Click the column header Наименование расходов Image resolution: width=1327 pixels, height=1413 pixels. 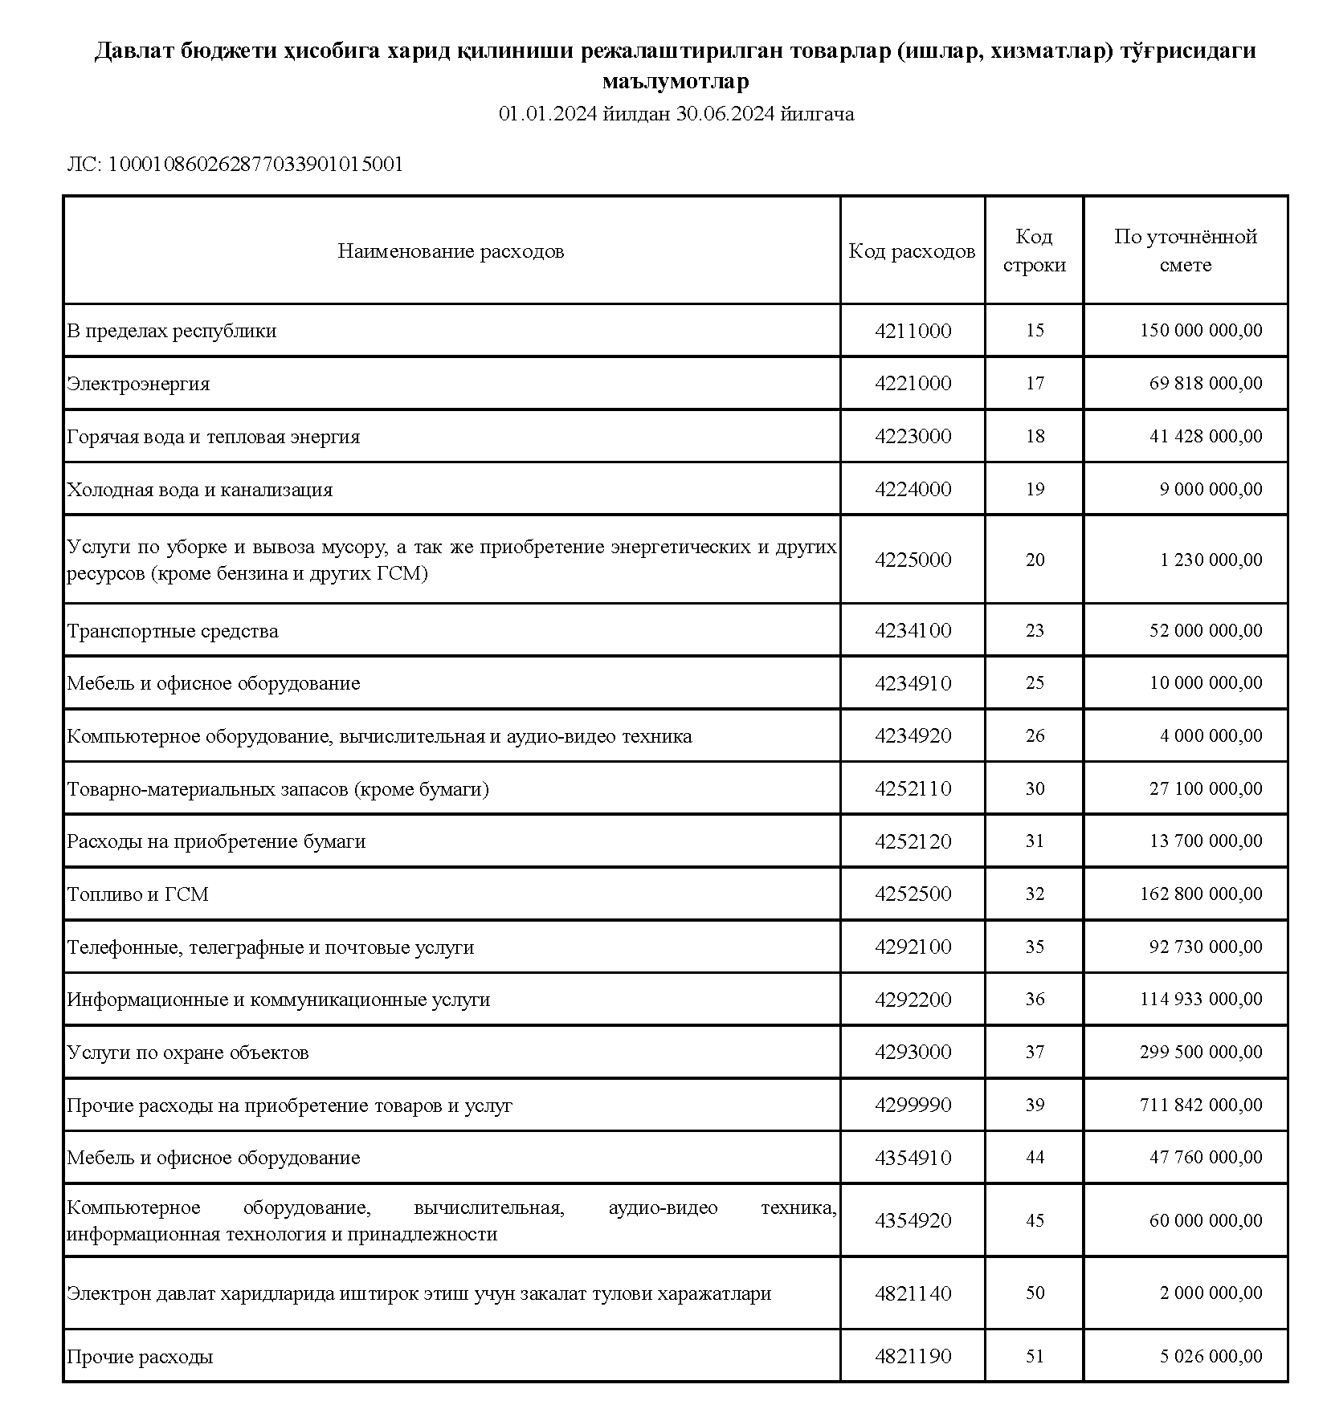pos(451,251)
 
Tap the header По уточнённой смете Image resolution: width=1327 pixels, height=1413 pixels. pos(1185,250)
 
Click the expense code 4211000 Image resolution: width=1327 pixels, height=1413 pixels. pos(913,331)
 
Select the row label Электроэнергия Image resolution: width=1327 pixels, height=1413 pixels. pos(138,384)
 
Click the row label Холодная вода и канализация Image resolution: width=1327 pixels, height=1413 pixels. pos(199,490)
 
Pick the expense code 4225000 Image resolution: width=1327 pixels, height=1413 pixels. pos(913,560)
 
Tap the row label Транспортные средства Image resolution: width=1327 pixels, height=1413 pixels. pos(173,631)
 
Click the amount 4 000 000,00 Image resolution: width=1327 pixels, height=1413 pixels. pos(1211,736)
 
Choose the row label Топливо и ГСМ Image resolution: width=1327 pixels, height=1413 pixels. pos(137,894)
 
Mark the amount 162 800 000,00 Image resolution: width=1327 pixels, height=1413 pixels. pos(1200,894)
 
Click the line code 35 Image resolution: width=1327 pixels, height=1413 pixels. pos(1035,947)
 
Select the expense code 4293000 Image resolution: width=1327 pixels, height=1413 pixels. pos(913,1053)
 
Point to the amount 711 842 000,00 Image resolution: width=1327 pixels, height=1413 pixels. pos(1200,1106)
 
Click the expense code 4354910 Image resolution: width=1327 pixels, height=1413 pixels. pos(913,1158)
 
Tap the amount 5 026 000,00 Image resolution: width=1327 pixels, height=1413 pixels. pos(1211,1356)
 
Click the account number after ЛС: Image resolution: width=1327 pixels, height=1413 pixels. pos(255,165)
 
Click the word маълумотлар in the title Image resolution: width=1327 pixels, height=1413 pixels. pos(676,82)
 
